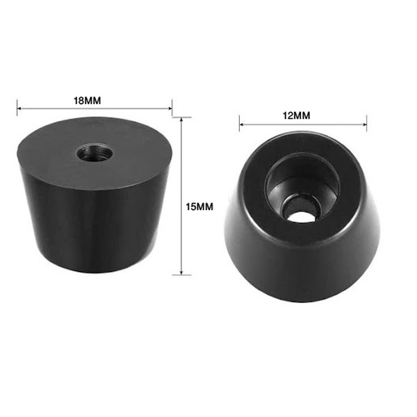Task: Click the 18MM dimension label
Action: [x=88, y=100]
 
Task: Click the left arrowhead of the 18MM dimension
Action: [x=21, y=108]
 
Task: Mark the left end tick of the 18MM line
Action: [x=17, y=108]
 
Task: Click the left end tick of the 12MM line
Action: [x=240, y=126]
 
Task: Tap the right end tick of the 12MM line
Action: [x=366, y=126]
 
